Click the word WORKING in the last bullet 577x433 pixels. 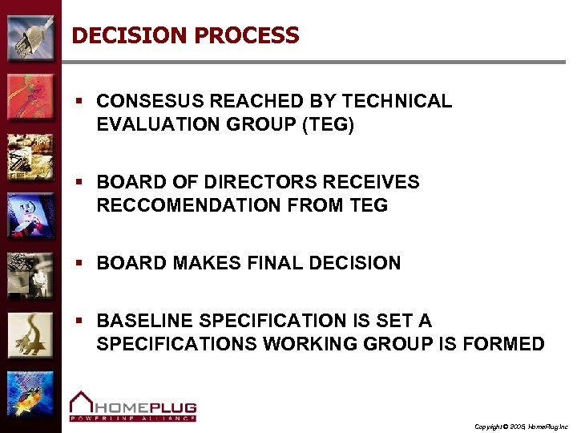click(x=323, y=344)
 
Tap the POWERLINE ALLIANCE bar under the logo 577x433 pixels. click(x=132, y=418)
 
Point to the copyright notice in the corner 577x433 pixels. click(x=521, y=426)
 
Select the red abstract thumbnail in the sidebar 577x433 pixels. click(x=30, y=96)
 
